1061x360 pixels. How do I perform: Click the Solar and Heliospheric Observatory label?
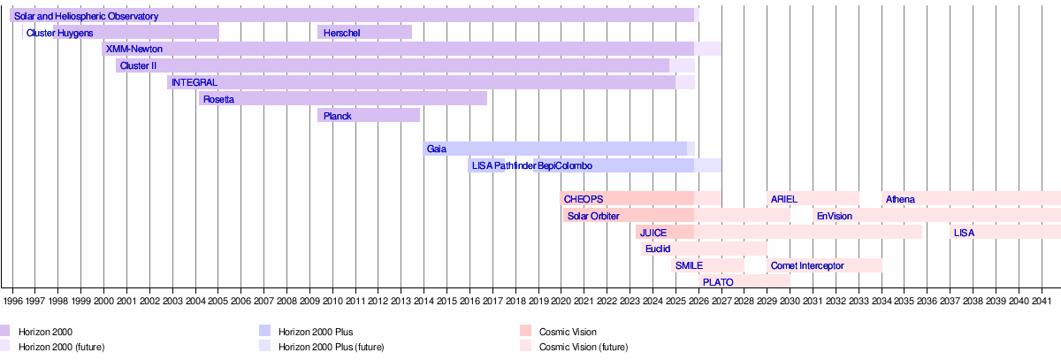(86, 17)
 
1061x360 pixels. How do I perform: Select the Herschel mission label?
(340, 33)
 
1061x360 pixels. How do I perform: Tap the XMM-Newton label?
(134, 49)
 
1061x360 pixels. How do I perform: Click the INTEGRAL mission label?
(194, 82)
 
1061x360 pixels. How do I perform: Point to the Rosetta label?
(218, 99)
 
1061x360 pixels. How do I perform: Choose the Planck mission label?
(338, 116)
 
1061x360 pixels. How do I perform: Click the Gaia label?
(436, 149)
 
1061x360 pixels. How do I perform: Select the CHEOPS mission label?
(584, 199)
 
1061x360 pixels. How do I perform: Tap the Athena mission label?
(900, 199)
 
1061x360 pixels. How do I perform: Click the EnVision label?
(834, 216)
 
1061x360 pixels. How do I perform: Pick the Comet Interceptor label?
(806, 265)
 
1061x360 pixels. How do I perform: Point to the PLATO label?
(717, 282)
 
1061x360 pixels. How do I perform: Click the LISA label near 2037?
(964, 233)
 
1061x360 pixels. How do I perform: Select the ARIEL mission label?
(783, 199)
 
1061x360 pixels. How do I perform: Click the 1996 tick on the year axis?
(12, 301)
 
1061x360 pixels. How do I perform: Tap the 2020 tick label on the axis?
(561, 301)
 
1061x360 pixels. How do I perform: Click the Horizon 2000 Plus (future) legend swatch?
(264, 347)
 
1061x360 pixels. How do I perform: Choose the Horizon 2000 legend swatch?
(5, 332)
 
